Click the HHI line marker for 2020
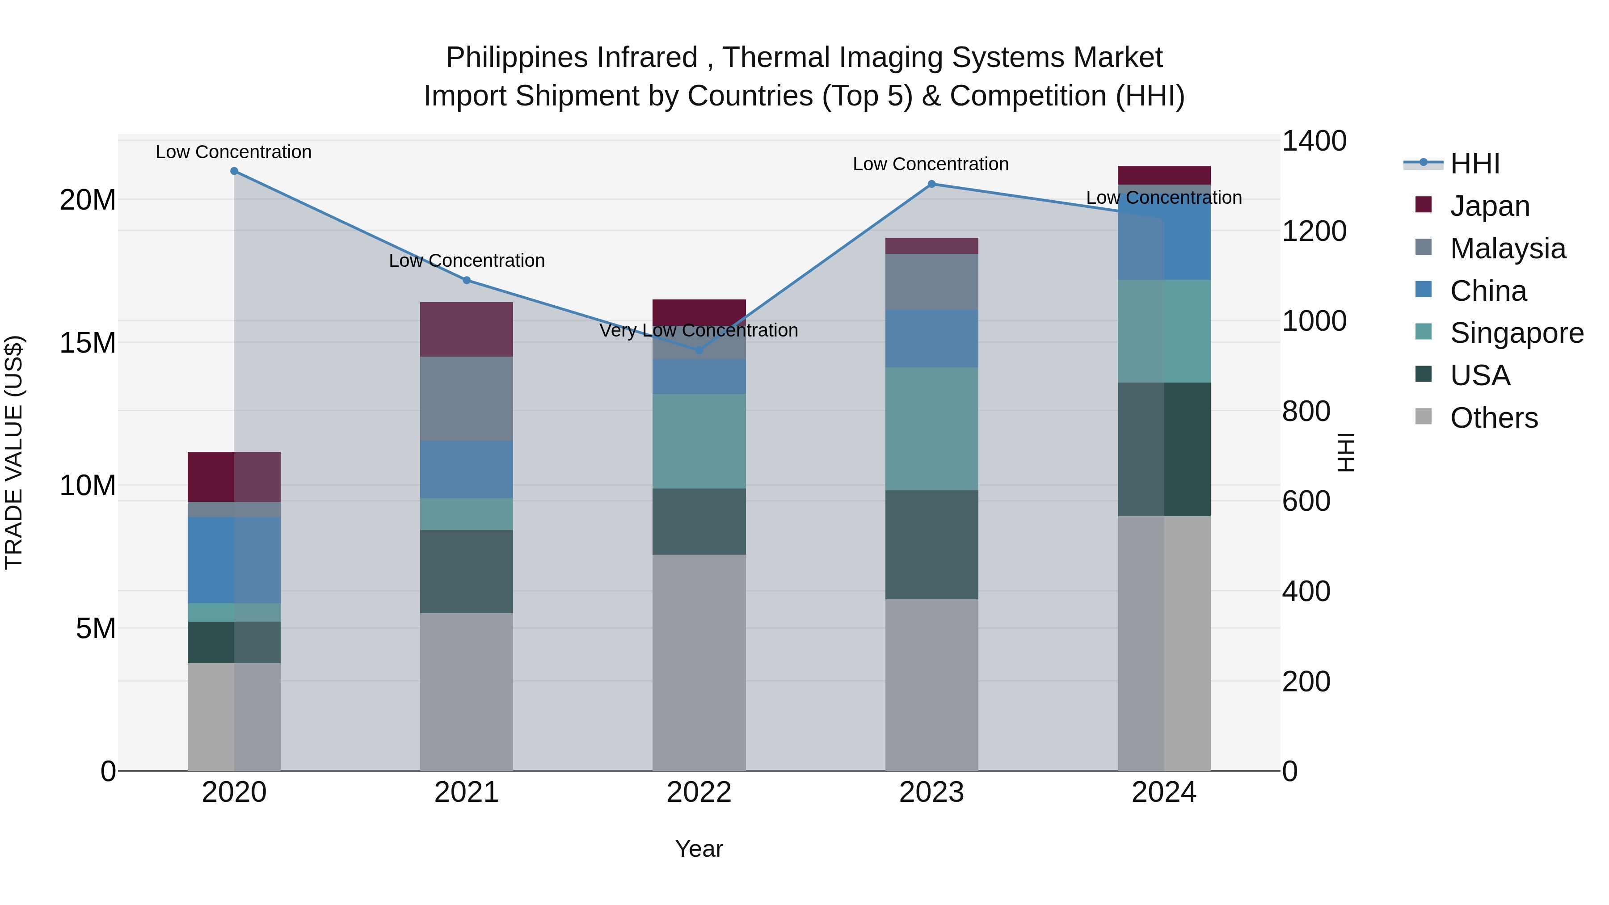coord(234,171)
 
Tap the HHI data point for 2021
coord(467,280)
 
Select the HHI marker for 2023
coord(931,184)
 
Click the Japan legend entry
coord(1490,206)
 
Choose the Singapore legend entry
coord(1516,333)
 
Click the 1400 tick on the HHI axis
coord(1314,141)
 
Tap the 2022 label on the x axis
coord(699,792)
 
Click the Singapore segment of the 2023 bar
coord(931,429)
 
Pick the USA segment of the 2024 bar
coord(1164,449)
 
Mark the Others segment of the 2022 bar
coord(699,662)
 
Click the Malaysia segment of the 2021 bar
coord(467,399)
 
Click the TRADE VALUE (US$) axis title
coord(14,452)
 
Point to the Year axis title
coord(699,849)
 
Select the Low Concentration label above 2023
coord(931,164)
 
